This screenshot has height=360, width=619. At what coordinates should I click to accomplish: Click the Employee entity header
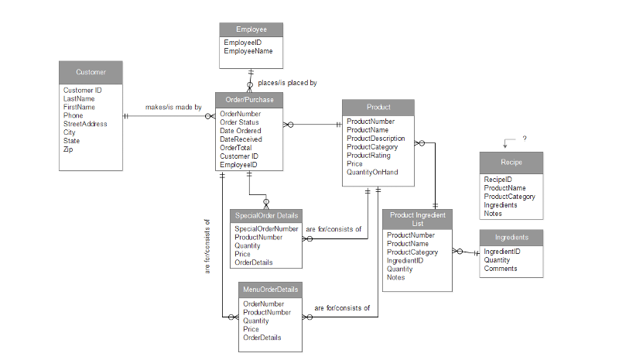pyautogui.click(x=251, y=29)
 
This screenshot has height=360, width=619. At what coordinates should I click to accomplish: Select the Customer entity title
pyautogui.click(x=91, y=72)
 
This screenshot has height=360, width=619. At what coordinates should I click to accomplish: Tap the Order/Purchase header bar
pyautogui.click(x=249, y=100)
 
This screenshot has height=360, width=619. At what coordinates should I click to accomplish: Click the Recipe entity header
pyautogui.click(x=511, y=163)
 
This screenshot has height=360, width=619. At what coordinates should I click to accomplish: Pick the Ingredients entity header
pyautogui.click(x=511, y=238)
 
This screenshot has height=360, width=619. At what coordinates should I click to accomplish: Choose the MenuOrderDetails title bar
pyautogui.click(x=270, y=290)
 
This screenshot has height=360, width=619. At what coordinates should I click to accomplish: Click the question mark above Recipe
pyautogui.click(x=525, y=139)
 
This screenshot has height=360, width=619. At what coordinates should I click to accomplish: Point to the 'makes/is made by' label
pyautogui.click(x=173, y=107)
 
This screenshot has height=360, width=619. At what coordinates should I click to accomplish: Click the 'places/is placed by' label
pyautogui.click(x=287, y=83)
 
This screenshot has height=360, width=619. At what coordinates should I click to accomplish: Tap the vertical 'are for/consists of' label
pyautogui.click(x=207, y=247)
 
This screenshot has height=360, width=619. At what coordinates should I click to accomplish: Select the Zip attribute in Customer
pyautogui.click(x=68, y=149)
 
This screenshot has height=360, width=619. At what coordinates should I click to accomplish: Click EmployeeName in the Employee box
pyautogui.click(x=248, y=51)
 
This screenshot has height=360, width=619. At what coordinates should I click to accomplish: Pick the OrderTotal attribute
pyautogui.click(x=236, y=148)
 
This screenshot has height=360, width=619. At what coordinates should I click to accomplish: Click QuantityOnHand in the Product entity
pyautogui.click(x=372, y=173)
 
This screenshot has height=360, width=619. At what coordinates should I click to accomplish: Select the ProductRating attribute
pyautogui.click(x=368, y=156)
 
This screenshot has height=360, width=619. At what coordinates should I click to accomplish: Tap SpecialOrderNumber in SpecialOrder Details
pyautogui.click(x=266, y=229)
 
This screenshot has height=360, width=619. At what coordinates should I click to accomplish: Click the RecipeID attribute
pyautogui.click(x=498, y=180)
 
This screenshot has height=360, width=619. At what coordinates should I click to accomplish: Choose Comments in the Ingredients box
pyautogui.click(x=500, y=269)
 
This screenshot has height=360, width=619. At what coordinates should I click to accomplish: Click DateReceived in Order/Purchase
pyautogui.click(x=241, y=139)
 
